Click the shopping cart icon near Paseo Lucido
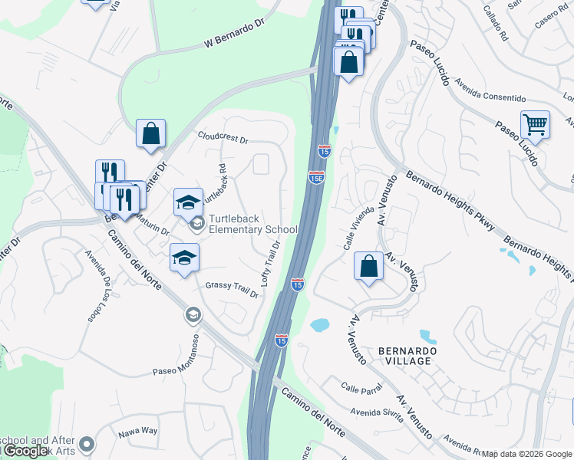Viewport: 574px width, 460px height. coord(535,123)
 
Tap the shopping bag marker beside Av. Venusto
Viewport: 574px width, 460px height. coord(369,266)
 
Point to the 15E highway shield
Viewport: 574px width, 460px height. coord(316,177)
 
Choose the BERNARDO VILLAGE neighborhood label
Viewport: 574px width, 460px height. coord(407,356)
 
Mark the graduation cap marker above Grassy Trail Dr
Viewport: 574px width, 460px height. coord(184,257)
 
